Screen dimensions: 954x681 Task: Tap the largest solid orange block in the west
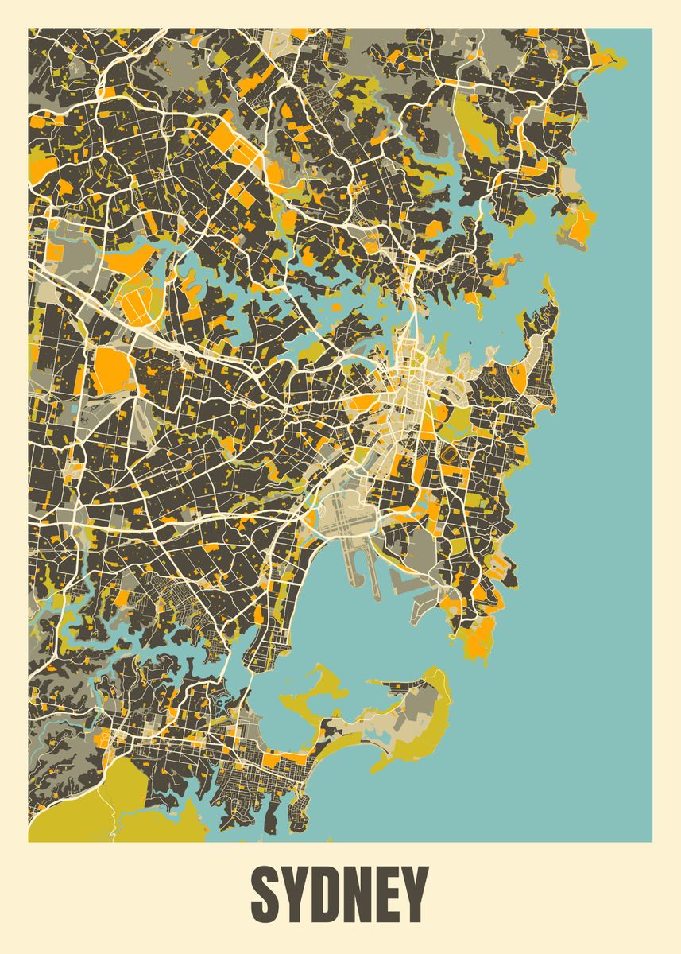(x=112, y=370)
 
